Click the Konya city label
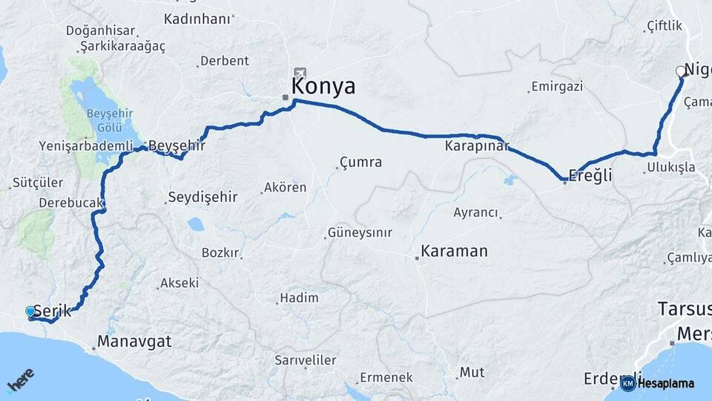[x=323, y=86]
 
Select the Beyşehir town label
[x=177, y=146]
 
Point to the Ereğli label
[x=590, y=176]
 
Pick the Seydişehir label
[x=202, y=197]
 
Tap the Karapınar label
[x=477, y=146]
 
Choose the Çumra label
[x=360, y=162]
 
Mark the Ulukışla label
[x=668, y=167]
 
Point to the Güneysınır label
[x=361, y=232]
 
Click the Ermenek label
[x=386, y=377]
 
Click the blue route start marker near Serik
[x=30, y=312]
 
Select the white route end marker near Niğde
[x=681, y=71]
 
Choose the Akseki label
[x=181, y=283]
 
